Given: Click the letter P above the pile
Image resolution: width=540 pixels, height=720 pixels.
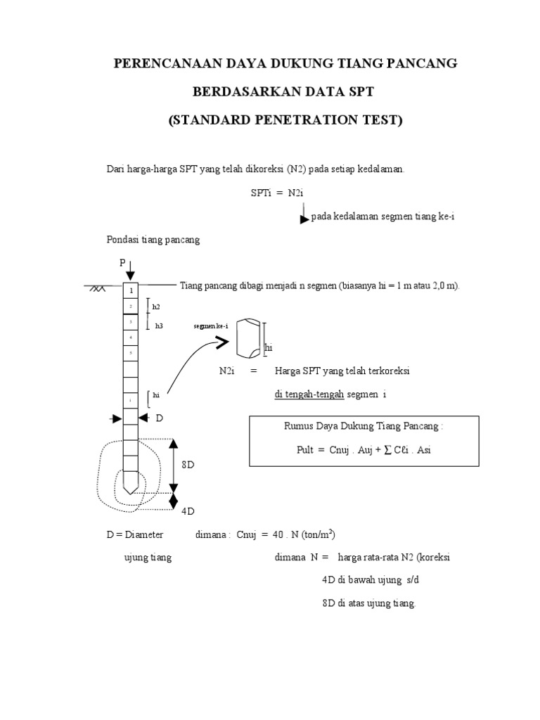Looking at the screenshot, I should (x=122, y=262).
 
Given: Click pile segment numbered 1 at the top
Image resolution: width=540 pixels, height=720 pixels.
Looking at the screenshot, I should (x=131, y=290).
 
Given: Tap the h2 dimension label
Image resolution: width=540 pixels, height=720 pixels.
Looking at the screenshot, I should (x=157, y=307).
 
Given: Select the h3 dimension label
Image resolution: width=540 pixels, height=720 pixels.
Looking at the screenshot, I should (x=158, y=326).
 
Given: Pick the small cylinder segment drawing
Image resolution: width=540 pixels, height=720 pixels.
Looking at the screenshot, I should (x=250, y=339).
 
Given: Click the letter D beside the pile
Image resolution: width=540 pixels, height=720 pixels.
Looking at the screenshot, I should (x=159, y=418).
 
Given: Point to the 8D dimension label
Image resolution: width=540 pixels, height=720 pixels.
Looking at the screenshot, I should (x=188, y=465).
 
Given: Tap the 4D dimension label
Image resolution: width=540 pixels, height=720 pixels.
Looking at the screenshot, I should (x=188, y=510).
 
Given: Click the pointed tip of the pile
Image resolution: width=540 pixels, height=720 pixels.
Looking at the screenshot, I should (x=131, y=487).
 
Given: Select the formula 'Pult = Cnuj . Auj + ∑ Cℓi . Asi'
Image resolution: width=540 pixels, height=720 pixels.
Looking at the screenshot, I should (x=364, y=450).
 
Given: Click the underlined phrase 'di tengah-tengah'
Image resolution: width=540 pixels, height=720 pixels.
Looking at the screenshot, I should (x=309, y=394).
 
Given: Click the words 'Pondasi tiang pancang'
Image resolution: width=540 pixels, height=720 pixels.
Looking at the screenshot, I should (x=153, y=240).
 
